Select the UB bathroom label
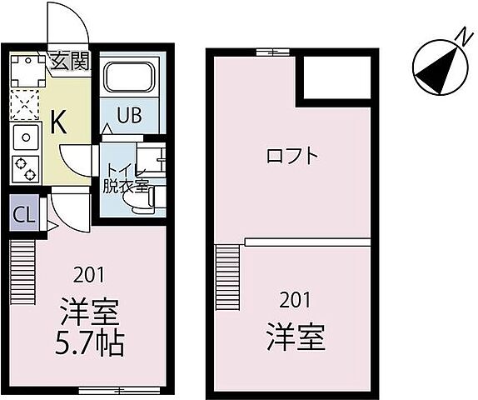[127, 115]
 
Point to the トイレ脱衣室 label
[124, 179]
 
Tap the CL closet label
[24, 214]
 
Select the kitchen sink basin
[25, 136]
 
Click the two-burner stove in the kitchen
[25, 167]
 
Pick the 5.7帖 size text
[90, 342]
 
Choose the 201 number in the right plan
[295, 301]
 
